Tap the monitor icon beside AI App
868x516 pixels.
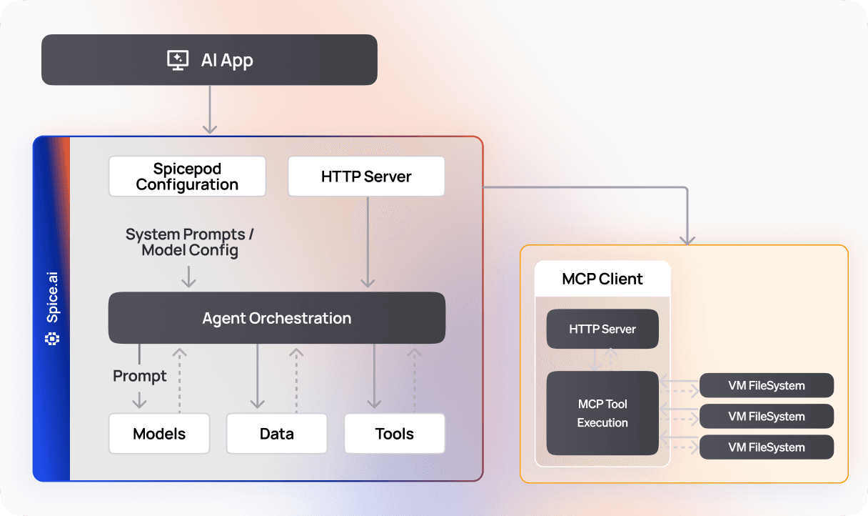click(178, 60)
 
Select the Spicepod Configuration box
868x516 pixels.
click(187, 177)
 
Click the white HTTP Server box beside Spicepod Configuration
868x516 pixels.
click(366, 177)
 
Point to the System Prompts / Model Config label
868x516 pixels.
click(190, 242)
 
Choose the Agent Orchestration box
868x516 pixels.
click(277, 318)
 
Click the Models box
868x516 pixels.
click(159, 434)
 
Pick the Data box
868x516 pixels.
click(277, 434)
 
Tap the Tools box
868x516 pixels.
click(395, 434)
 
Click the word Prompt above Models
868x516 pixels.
click(140, 376)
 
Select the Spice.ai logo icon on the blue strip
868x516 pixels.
click(52, 339)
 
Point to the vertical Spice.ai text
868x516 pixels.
click(52, 301)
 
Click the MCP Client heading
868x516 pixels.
click(602, 279)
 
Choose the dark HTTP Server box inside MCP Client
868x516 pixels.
click(602, 329)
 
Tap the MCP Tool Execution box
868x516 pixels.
click(602, 413)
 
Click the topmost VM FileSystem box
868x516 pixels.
click(767, 385)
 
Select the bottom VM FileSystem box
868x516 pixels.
click(767, 447)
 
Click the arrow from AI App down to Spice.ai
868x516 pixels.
click(209, 109)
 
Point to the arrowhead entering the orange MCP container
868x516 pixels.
click(687, 239)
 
